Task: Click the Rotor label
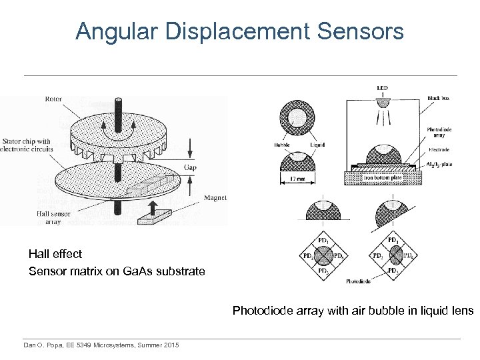[x=53, y=99]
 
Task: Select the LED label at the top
[x=382, y=88]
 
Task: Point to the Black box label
[x=439, y=98]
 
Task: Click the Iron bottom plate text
[x=382, y=178]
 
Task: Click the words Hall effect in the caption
[x=55, y=254]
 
